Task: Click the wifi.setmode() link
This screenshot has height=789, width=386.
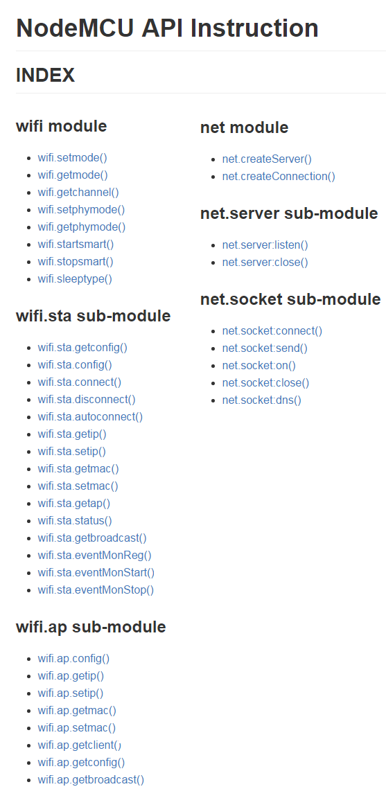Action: [x=73, y=157]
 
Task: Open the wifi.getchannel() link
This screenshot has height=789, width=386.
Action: [x=78, y=192]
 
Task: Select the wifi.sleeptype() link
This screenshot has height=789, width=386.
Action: [x=75, y=278]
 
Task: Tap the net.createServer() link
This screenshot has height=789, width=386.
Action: [x=267, y=159]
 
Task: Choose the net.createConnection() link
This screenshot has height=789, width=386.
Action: [x=279, y=176]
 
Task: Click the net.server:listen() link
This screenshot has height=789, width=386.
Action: [x=265, y=245]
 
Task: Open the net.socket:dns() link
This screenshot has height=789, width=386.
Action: [x=262, y=400]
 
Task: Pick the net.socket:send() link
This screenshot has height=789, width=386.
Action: [x=265, y=348]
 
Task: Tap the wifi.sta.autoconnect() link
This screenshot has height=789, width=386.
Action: [x=91, y=416]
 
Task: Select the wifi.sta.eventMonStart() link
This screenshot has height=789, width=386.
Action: [x=96, y=573]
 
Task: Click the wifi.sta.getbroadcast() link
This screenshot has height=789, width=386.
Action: [x=93, y=538]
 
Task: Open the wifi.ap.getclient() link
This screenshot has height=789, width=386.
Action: [x=80, y=745]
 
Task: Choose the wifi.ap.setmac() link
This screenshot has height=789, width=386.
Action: [x=77, y=727]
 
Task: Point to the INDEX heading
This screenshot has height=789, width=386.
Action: [x=45, y=76]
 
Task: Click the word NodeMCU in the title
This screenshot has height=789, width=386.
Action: [x=75, y=28]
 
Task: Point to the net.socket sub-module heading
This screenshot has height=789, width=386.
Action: [x=290, y=299]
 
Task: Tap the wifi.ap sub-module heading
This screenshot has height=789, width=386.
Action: [x=91, y=627]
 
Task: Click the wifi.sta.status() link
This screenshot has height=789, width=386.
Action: [x=75, y=521]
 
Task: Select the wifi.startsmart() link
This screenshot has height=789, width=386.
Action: [x=76, y=244]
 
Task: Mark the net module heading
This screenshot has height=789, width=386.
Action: [x=244, y=127]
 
